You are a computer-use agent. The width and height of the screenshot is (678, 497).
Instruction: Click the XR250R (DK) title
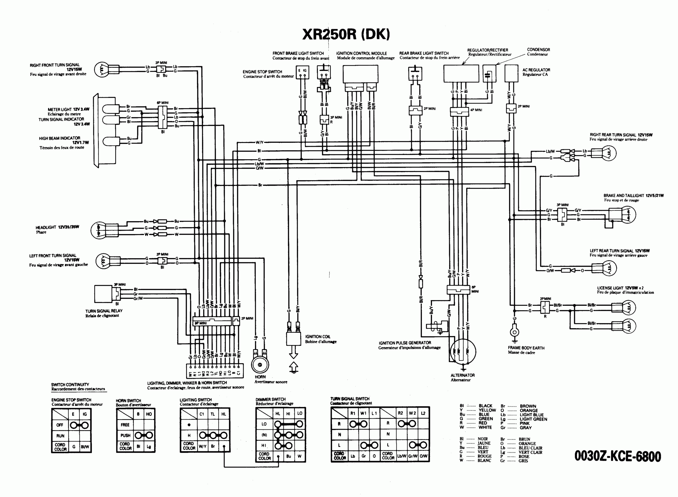coord(346,34)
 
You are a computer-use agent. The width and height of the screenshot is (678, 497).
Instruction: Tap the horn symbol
coord(260,365)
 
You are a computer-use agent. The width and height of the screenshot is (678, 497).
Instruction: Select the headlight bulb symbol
coord(98,230)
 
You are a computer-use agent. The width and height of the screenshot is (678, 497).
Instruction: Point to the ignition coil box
coord(293,339)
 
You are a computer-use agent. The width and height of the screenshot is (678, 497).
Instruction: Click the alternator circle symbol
coord(463,351)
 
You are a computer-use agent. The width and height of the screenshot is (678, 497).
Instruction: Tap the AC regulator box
coord(511,73)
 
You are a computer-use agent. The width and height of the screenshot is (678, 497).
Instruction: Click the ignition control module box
coord(360,74)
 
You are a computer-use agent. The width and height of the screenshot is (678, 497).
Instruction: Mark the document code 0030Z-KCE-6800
coord(618,456)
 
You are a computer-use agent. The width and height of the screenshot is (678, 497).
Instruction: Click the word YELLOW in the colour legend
coord(487,410)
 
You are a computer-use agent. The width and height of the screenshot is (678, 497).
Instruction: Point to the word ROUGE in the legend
coord(484,456)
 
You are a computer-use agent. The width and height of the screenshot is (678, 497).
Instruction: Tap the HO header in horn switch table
coord(149,414)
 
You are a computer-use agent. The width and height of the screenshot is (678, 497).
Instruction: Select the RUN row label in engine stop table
coord(60,436)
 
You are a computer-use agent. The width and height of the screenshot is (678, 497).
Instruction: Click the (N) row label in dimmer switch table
coord(264,435)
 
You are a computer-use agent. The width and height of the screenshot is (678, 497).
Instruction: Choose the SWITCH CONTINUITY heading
coord(70,384)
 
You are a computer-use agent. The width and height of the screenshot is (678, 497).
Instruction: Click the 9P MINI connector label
coord(200,323)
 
